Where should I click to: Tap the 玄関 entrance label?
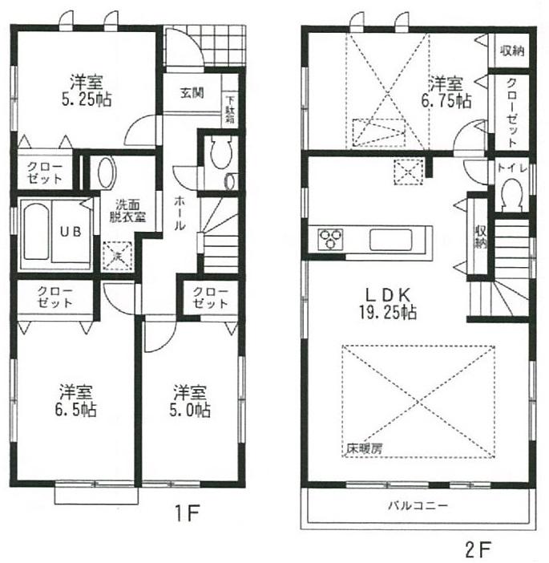(x=190, y=93)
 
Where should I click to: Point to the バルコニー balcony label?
(x=418, y=506)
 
